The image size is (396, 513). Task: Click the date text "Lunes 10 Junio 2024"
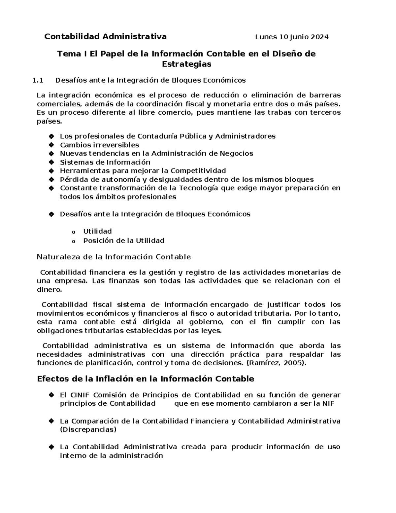[x=292, y=37]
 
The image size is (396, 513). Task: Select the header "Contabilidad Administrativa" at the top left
[x=105, y=37]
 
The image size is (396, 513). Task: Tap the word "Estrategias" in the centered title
[x=186, y=64]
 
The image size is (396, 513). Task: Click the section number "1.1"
[x=38, y=80]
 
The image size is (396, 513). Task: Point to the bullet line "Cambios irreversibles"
[x=99, y=145]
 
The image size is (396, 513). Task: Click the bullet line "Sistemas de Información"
[x=105, y=162]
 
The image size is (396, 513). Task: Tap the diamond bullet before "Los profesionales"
[x=51, y=136]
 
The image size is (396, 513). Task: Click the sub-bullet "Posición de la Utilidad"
[x=124, y=240]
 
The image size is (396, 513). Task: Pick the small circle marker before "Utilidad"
[x=73, y=232]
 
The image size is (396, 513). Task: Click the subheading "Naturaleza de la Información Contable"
[x=114, y=257]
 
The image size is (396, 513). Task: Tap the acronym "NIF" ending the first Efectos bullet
[x=328, y=403]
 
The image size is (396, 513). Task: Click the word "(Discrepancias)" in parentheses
[x=88, y=430]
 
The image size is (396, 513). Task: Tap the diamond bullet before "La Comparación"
[x=51, y=421]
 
